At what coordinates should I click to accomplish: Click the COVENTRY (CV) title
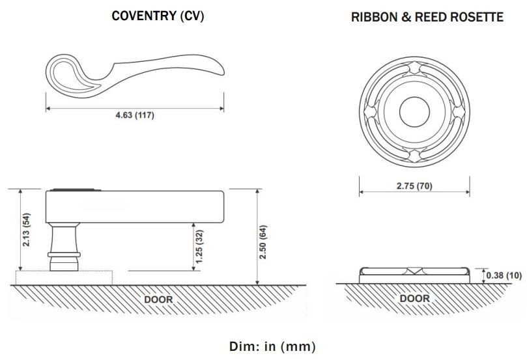click(158, 16)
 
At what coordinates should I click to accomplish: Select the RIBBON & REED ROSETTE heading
click(427, 18)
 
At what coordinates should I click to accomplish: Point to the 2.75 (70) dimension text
click(414, 186)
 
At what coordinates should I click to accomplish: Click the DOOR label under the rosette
click(414, 299)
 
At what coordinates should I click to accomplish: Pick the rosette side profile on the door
click(414, 273)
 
